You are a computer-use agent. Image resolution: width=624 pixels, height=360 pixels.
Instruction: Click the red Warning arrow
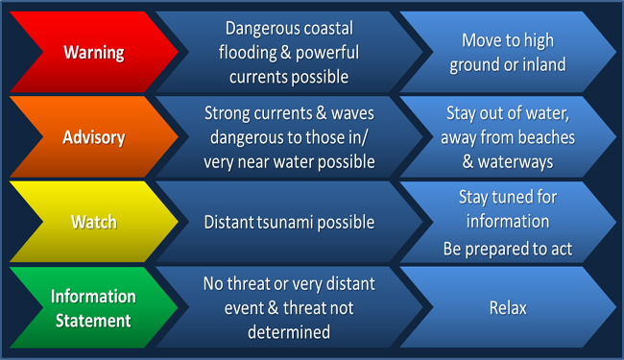[86, 53]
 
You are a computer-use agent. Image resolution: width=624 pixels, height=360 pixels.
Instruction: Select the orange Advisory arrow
[86, 137]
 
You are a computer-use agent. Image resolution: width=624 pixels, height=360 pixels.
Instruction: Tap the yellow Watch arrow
[86, 222]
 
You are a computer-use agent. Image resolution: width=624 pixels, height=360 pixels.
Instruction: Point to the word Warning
[94, 53]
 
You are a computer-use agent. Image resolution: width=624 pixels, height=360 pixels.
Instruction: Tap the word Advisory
[94, 137]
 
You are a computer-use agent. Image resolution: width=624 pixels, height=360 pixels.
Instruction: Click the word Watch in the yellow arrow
[94, 222]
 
